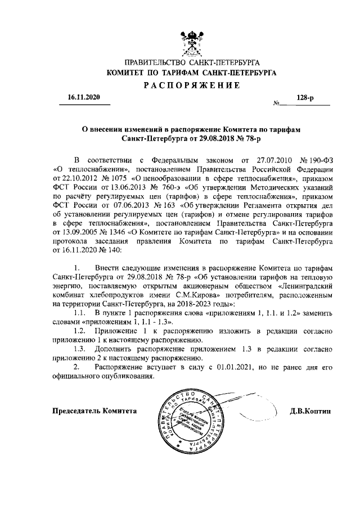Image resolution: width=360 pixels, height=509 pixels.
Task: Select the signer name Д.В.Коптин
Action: pos(311,411)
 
